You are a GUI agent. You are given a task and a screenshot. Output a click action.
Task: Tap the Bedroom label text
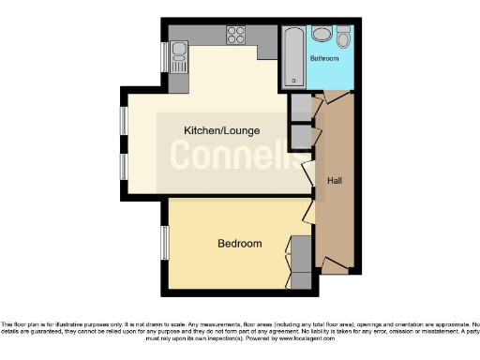tap(239, 244)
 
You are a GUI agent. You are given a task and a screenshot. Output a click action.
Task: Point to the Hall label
tap(334, 180)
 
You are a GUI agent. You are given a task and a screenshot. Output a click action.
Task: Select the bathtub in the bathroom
tap(292, 56)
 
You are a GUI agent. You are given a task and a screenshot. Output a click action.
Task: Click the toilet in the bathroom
tap(322, 36)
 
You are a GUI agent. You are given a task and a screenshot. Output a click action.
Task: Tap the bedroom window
tap(164, 247)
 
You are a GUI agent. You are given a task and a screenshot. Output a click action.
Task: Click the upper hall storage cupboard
tap(300, 108)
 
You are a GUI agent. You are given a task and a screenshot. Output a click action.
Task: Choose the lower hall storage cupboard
tap(300, 138)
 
